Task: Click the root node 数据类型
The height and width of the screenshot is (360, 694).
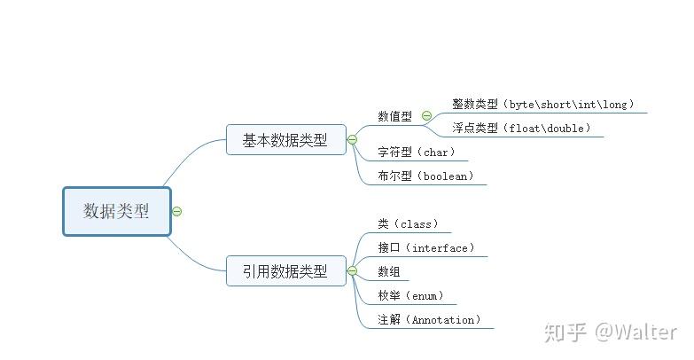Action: [x=116, y=211]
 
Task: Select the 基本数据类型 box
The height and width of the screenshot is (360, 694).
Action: [x=285, y=139]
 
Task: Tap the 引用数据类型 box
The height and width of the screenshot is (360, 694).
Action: [x=285, y=270]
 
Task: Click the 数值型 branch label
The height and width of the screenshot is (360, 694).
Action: [x=394, y=115]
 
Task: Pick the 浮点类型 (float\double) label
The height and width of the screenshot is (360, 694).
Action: [x=520, y=129]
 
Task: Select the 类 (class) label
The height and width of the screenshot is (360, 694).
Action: [x=408, y=224]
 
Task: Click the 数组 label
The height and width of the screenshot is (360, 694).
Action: [x=388, y=271]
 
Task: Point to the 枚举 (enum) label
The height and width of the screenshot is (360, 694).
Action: [x=410, y=295]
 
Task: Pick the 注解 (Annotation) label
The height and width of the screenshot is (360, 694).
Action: [x=429, y=319]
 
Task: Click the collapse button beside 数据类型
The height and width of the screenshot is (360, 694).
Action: [x=177, y=211]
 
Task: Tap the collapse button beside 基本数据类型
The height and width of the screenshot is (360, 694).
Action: [x=352, y=139]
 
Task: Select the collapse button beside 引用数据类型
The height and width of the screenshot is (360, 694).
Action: [x=352, y=270]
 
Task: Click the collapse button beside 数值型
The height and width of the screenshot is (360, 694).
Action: [x=426, y=115]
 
